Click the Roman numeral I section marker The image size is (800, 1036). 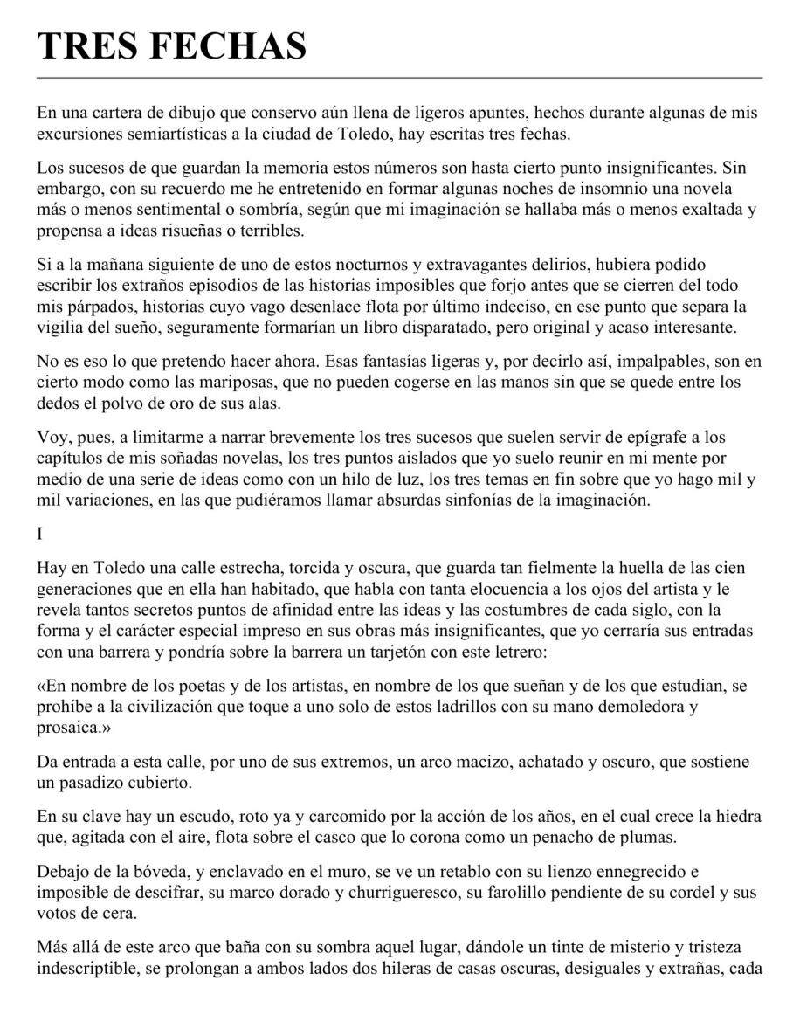coord(40,529)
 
